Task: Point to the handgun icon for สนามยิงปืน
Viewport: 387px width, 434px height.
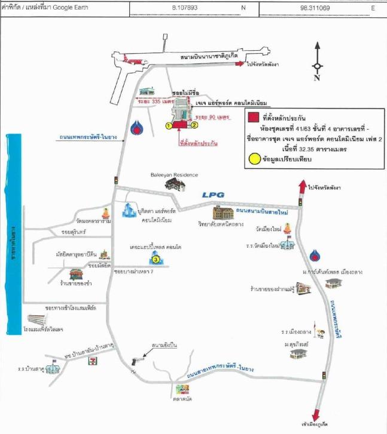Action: coord(136,360)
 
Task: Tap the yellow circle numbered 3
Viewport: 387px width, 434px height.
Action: coord(156,260)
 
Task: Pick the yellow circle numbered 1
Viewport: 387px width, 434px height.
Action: coord(169,125)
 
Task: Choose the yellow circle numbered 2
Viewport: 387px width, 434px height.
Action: coord(195,125)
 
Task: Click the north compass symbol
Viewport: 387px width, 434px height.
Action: coord(317,66)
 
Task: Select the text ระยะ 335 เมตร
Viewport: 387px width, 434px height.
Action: coord(150,102)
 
